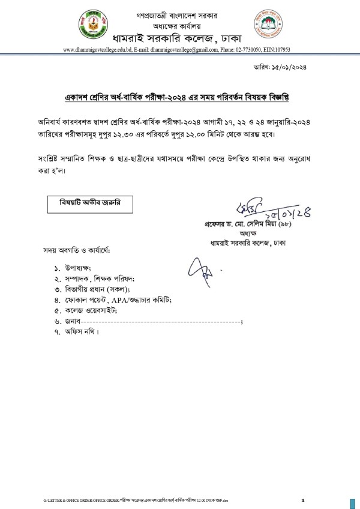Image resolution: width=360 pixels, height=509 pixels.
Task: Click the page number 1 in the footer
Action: (x=303, y=500)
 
